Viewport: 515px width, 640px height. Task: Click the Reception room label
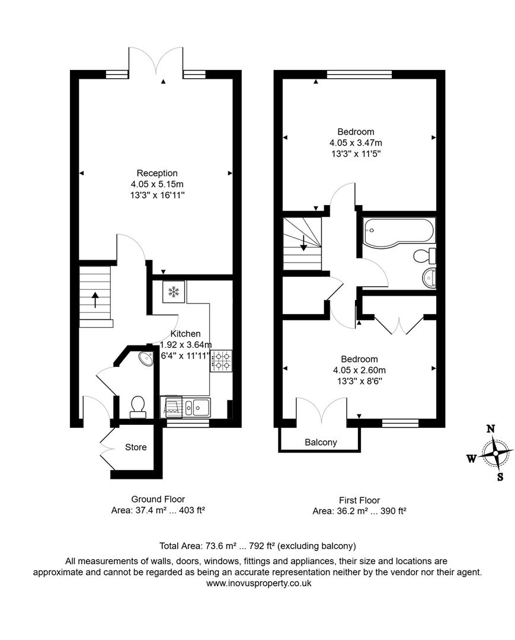[x=157, y=173]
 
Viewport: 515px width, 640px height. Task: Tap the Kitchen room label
[x=185, y=334]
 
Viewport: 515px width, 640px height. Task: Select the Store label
[x=136, y=447]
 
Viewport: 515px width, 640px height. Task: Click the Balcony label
[x=321, y=442]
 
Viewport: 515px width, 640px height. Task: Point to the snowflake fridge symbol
[x=174, y=292]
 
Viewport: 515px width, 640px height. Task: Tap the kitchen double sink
[x=196, y=407]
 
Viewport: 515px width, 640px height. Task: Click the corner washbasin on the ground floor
[x=144, y=357]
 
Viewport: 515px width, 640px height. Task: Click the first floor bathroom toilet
[x=426, y=256]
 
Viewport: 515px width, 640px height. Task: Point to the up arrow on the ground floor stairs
[x=95, y=299]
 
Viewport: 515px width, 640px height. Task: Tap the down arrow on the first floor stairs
[x=303, y=242]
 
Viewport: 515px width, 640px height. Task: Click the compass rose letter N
[x=490, y=429]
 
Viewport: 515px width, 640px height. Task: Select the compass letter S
[x=500, y=476]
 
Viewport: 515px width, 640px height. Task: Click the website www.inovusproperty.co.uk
[x=258, y=583]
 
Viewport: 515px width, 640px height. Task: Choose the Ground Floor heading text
[x=158, y=500]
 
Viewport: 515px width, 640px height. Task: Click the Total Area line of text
[x=257, y=546]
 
